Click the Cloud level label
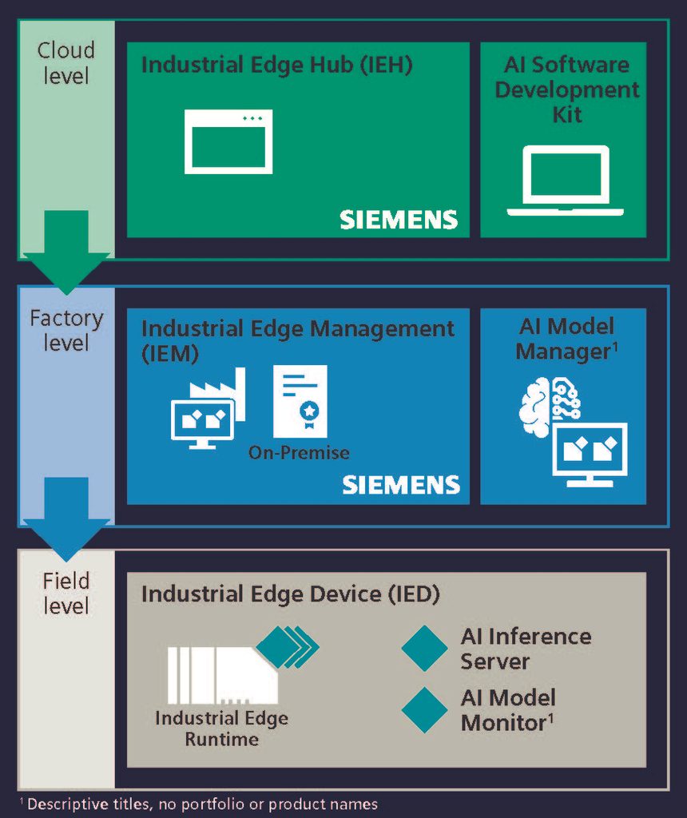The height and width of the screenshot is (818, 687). (66, 63)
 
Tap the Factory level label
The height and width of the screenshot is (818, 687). (66, 331)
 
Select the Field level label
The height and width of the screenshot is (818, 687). (66, 594)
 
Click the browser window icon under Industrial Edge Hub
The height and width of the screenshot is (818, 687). (228, 142)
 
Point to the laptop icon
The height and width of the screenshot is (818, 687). (565, 181)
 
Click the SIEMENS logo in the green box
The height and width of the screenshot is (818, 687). (399, 220)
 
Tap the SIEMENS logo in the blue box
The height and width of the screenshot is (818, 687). (401, 484)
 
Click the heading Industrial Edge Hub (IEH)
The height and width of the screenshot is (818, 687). (276, 65)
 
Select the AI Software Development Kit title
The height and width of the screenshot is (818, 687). (566, 89)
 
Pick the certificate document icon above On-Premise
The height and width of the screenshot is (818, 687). (300, 402)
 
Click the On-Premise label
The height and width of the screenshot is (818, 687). (299, 453)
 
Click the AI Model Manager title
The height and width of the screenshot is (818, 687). (566, 339)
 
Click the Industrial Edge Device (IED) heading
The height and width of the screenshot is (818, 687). (291, 594)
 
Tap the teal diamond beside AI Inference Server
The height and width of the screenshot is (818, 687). (424, 648)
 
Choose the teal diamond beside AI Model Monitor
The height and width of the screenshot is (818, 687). (424, 709)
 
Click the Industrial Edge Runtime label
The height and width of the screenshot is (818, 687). (221, 729)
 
